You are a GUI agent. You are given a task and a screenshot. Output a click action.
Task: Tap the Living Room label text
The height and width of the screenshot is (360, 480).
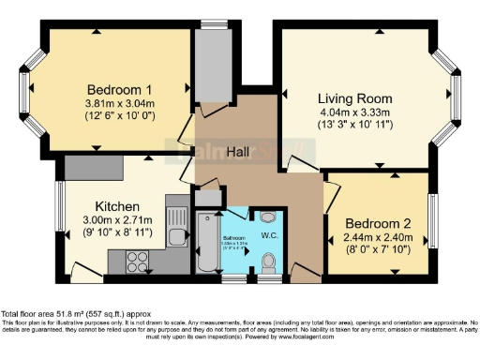[354, 97]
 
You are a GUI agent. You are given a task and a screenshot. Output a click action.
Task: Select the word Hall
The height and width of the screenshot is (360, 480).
[242, 151]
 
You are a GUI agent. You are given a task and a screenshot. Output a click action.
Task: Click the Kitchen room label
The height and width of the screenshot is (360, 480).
[117, 206]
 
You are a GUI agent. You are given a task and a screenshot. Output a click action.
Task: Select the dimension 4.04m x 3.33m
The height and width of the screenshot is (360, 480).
[354, 112]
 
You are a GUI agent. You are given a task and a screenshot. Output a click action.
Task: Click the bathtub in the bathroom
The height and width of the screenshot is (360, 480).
[206, 247]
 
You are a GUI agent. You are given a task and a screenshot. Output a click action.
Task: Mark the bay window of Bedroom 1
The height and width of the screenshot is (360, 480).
[25, 90]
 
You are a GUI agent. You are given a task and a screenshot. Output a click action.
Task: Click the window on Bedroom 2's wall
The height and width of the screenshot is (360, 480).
[432, 223]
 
